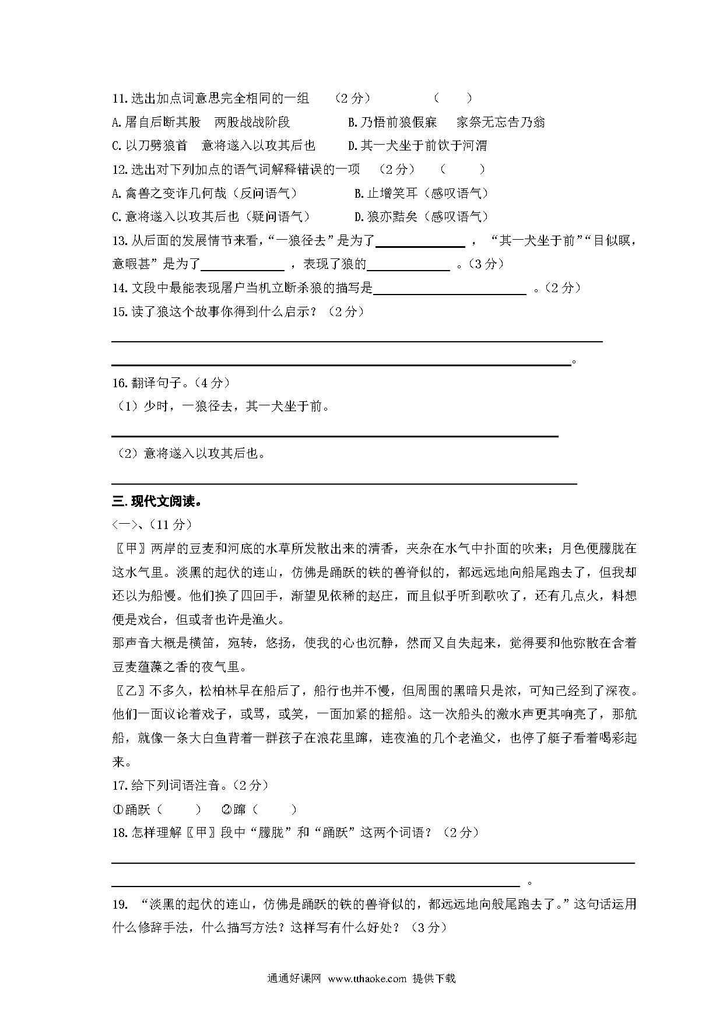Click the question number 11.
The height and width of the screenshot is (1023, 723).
point(120,99)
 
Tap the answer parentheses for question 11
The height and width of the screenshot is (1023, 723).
point(452,99)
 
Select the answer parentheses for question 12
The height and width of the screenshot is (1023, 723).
point(462,169)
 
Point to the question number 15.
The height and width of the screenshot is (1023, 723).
point(120,311)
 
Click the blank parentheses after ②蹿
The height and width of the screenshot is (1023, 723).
point(275,809)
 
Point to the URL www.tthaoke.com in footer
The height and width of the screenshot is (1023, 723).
point(367,978)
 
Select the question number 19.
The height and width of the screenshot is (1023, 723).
point(120,904)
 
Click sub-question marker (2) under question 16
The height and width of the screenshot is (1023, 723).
point(127,453)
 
